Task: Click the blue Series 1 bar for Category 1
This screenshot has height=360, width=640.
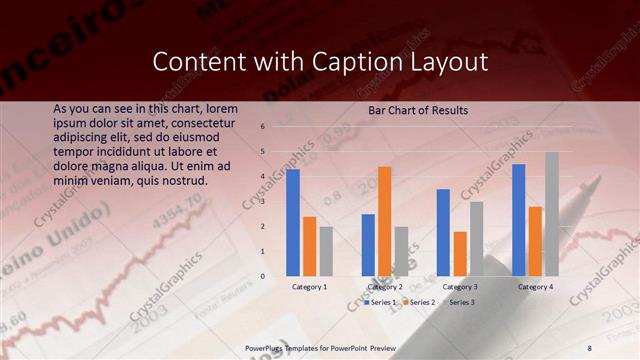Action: pyautogui.click(x=293, y=222)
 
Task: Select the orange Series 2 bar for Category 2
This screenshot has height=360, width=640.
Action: pyautogui.click(x=385, y=221)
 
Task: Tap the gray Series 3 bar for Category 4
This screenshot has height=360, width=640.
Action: pyautogui.click(x=552, y=214)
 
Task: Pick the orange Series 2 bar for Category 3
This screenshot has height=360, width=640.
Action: pyautogui.click(x=460, y=254)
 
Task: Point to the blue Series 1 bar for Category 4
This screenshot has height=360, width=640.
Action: pyautogui.click(x=518, y=220)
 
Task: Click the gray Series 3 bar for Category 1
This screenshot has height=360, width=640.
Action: pyautogui.click(x=326, y=251)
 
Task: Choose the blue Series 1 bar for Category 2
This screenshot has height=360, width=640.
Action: pyautogui.click(x=368, y=245)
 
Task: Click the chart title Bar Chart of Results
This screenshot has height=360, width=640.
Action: pyautogui.click(x=418, y=110)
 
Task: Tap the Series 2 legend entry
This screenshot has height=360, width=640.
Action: pyautogui.click(x=421, y=301)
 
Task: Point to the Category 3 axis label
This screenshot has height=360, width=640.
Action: pyautogui.click(x=460, y=287)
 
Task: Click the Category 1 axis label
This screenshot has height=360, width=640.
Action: pyautogui.click(x=309, y=287)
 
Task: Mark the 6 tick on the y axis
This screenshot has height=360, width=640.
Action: pyautogui.click(x=262, y=127)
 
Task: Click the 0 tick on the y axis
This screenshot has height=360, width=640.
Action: pyautogui.click(x=262, y=276)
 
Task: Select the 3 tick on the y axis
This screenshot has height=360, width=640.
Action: pyautogui.click(x=262, y=202)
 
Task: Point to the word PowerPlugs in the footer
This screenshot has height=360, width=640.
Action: pyautogui.click(x=267, y=347)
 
